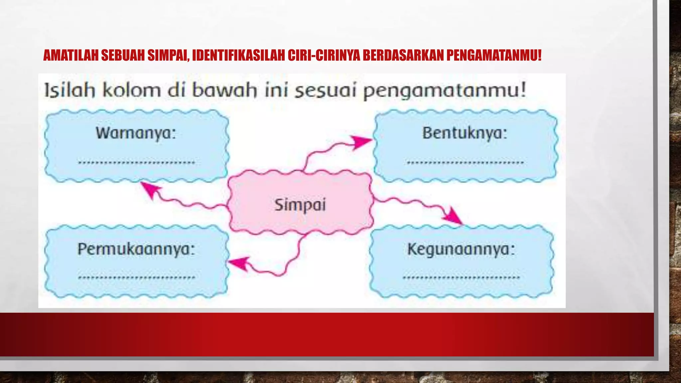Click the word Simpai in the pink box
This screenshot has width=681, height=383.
(300, 204)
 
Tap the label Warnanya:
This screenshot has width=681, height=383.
(136, 133)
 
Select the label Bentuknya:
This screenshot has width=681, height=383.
(465, 133)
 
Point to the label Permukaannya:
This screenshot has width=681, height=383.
(136, 249)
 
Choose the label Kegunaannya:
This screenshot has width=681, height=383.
(461, 249)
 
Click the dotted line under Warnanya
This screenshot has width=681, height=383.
(136, 163)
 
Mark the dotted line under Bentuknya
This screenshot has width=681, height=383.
(465, 163)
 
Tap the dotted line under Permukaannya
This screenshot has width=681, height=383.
(136, 277)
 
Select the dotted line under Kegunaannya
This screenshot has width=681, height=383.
(461, 277)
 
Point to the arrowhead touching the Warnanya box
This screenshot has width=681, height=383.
(149, 189)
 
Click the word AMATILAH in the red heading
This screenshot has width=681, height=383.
(71, 56)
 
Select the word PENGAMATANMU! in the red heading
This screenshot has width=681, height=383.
(494, 56)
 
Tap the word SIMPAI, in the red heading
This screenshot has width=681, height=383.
(168, 56)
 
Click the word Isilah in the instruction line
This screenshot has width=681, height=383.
(69, 90)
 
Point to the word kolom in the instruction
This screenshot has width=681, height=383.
(131, 90)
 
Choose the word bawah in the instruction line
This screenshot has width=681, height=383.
(224, 90)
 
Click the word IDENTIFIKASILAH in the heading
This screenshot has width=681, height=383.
(238, 56)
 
